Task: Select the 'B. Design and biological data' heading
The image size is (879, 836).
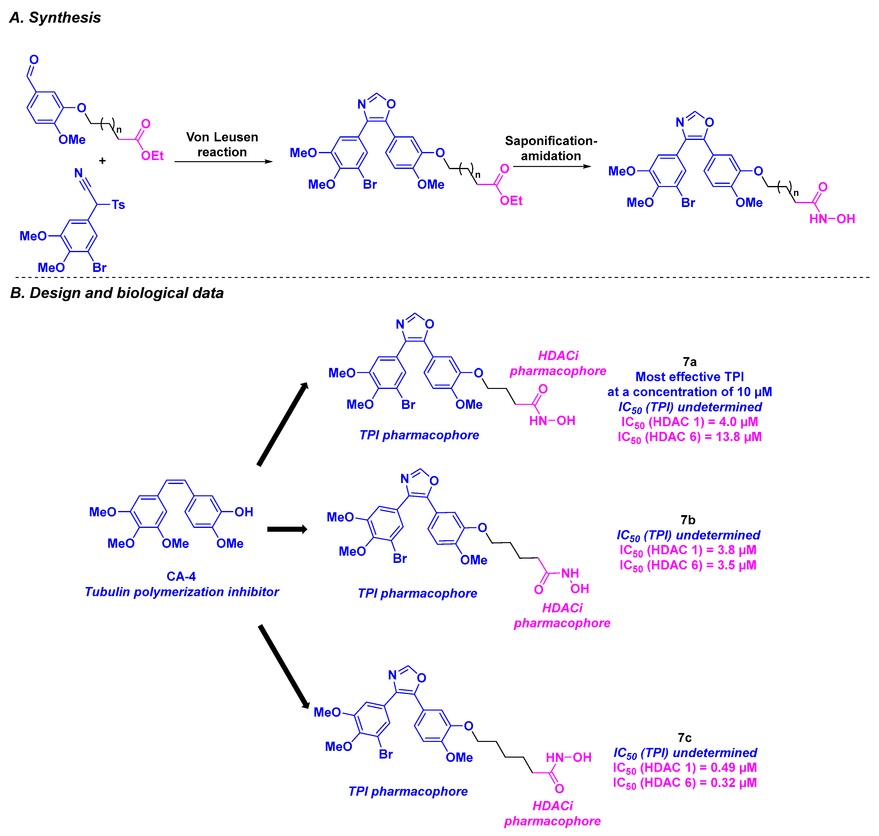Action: point(117,293)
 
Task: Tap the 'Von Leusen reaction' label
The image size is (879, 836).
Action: point(222,144)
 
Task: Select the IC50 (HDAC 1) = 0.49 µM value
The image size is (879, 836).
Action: point(685,768)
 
